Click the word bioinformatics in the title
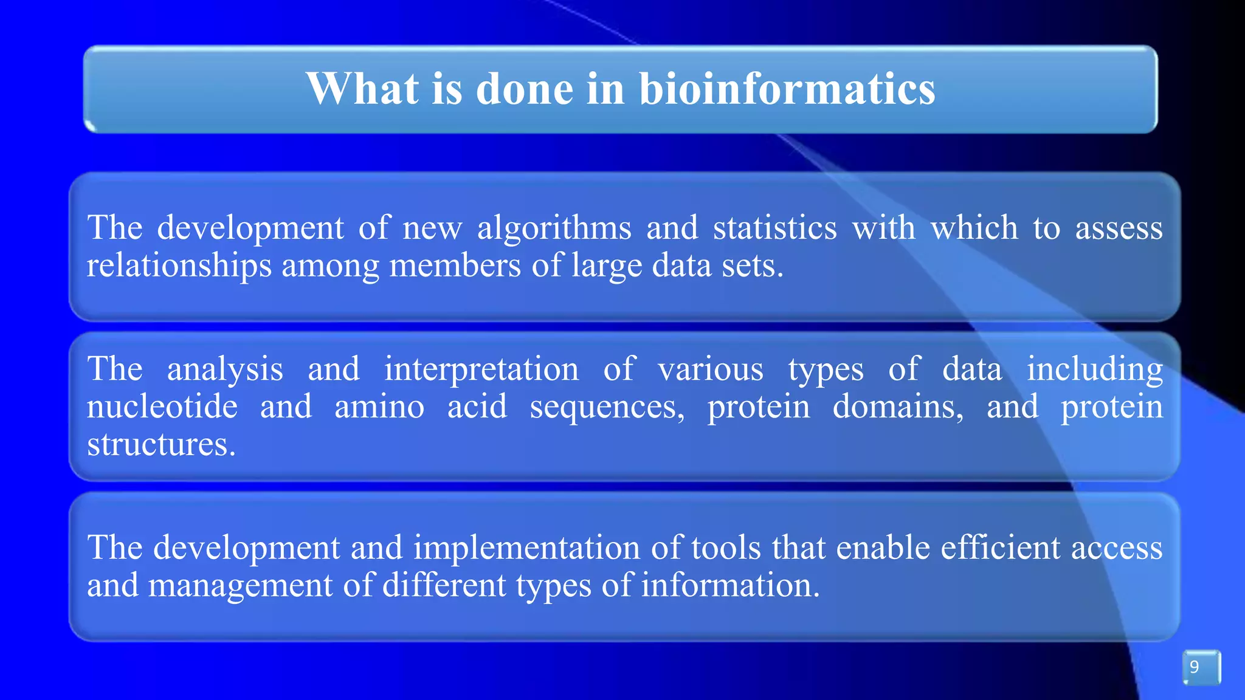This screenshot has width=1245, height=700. point(787,89)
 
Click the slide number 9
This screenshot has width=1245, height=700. point(1195,667)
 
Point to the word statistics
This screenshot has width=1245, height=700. point(774,228)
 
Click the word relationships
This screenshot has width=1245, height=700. point(179,266)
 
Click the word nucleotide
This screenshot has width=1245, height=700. point(162,407)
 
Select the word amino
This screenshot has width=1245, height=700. point(379,407)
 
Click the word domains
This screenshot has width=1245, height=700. point(897,407)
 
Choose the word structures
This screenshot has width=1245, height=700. point(160,444)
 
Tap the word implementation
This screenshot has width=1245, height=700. point(526,548)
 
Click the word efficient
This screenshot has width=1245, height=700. point(1000,547)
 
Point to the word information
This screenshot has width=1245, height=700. point(730,585)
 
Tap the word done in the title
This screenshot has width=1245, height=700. point(524,89)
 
